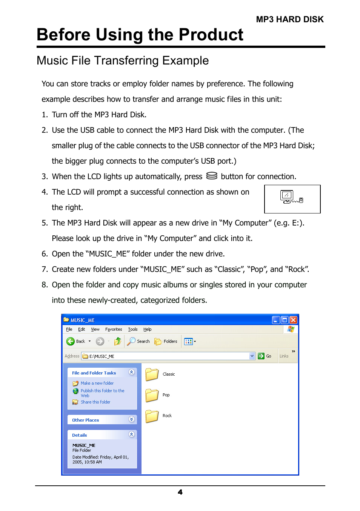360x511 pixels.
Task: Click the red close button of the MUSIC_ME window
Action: [x=293, y=320]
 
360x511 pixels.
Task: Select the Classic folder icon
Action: [x=152, y=374]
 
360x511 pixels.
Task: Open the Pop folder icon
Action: [x=152, y=395]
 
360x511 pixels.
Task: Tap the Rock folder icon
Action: [x=152, y=416]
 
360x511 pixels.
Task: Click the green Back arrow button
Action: [x=71, y=341]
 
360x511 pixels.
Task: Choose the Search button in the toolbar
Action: [x=138, y=341]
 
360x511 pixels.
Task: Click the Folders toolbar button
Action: [x=166, y=341]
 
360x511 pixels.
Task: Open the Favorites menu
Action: [x=114, y=329]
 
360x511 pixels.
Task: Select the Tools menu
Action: [x=132, y=329]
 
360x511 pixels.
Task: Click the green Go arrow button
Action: [x=261, y=356]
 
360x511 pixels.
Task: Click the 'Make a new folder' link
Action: [x=97, y=383]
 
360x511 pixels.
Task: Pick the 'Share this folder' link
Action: [x=95, y=402]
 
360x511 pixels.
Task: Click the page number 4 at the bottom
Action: [x=180, y=492]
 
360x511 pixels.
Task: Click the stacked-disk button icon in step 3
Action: [x=212, y=176]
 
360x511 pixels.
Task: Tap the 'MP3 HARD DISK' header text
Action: [x=289, y=20]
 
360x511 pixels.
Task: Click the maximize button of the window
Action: [x=285, y=320]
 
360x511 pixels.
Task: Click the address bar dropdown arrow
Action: [x=252, y=356]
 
